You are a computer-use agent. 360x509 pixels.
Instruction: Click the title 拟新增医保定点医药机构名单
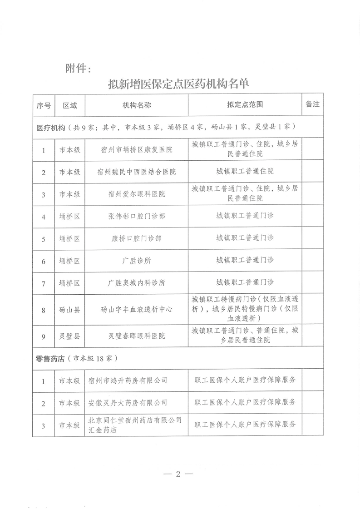pyautogui.click(x=179, y=84)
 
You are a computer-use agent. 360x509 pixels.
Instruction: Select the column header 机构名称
pyautogui.click(x=136, y=105)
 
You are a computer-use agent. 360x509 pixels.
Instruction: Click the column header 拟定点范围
pyautogui.click(x=245, y=105)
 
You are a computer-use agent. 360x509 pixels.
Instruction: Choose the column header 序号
pyautogui.click(x=44, y=105)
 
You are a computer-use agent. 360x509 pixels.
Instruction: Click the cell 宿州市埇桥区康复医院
pyautogui.click(x=136, y=149)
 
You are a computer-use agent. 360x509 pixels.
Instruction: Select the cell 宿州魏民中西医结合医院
pyautogui.click(x=136, y=172)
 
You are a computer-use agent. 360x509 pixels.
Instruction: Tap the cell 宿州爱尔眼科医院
pyautogui.click(x=136, y=194)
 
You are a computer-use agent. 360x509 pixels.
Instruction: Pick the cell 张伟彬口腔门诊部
pyautogui.click(x=136, y=217)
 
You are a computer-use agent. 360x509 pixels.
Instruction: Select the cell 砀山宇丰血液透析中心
pyautogui.click(x=136, y=311)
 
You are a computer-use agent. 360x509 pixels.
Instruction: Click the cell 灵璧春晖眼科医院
pyautogui.click(x=136, y=336)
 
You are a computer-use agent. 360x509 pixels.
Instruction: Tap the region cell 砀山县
pyautogui.click(x=69, y=311)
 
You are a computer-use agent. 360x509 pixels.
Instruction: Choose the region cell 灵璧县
pyautogui.click(x=69, y=336)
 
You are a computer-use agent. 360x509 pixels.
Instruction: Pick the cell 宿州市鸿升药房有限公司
pyautogui.click(x=128, y=381)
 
